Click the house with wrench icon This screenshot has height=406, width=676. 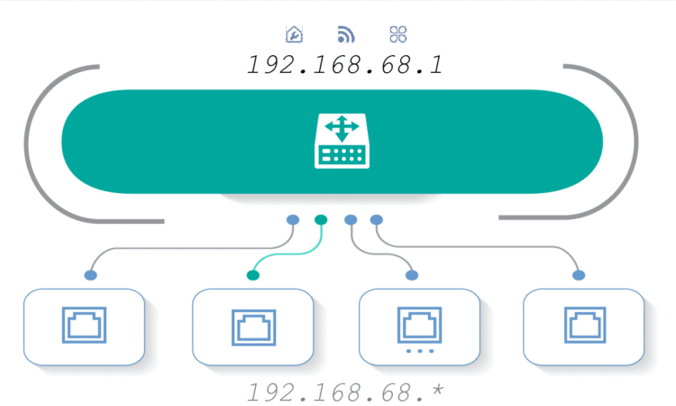tap(294, 34)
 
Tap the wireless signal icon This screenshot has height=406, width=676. tap(346, 34)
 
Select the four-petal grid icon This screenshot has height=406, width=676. tap(397, 34)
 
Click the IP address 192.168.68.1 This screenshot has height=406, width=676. tap(344, 65)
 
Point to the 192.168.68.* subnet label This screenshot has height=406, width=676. tap(344, 392)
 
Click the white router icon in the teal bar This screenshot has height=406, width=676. tap(342, 141)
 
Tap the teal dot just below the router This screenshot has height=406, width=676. tap(321, 220)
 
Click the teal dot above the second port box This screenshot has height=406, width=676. tap(253, 275)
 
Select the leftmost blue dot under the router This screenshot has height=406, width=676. tap(293, 220)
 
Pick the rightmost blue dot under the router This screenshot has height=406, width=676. tap(377, 220)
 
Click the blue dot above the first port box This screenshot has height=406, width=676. tap(90, 275)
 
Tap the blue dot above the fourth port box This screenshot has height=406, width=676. tap(579, 275)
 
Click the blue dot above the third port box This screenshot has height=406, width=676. tap(412, 275)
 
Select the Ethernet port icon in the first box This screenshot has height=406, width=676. tap(84, 325)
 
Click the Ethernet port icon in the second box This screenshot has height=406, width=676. tap(254, 327)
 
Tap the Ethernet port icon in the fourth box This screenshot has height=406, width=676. tap(585, 325)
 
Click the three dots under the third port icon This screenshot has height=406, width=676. tap(420, 351)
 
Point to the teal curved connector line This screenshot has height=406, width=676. tap(297, 254)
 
